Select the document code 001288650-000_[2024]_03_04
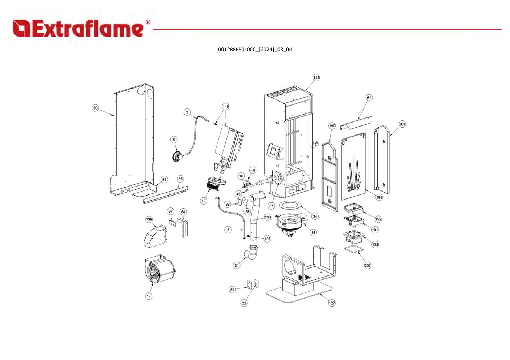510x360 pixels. pyautogui.click(x=255, y=50)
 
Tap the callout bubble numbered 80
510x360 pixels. pyautogui.click(x=95, y=108)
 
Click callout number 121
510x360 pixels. pyautogui.click(x=316, y=78)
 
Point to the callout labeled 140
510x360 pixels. pyautogui.click(x=226, y=107)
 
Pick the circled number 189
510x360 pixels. pyautogui.click(x=402, y=124)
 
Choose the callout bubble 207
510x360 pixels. pyautogui.click(x=367, y=266)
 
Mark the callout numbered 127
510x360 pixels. pyautogui.click(x=332, y=303)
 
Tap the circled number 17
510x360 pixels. pyautogui.click(x=149, y=296)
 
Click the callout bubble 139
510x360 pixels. pyautogui.click(x=149, y=219)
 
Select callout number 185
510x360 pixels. pyautogui.click(x=267, y=239)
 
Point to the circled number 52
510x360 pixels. pyautogui.click(x=369, y=98)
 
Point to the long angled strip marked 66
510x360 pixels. pyautogui.click(x=166, y=194)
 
